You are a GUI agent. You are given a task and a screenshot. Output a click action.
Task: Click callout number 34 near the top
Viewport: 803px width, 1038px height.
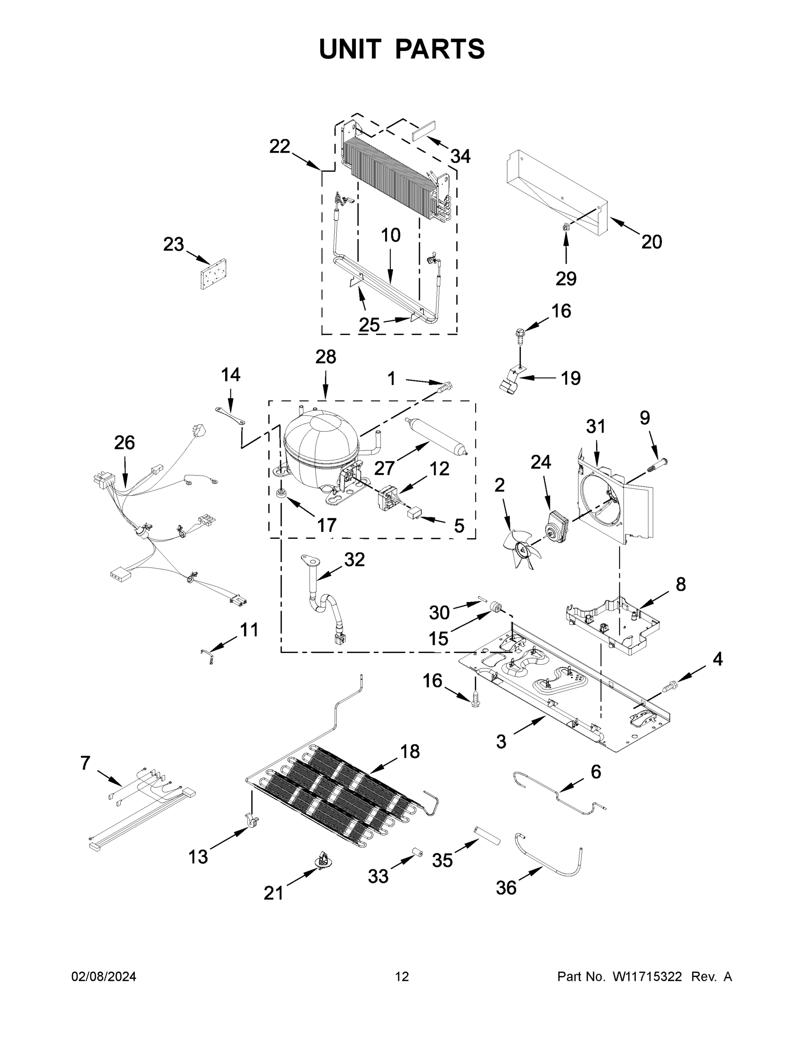click(x=461, y=156)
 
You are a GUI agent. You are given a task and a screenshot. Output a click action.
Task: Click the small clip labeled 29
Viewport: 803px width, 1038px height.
click(x=566, y=227)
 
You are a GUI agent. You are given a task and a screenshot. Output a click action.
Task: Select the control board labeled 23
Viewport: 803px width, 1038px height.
click(x=213, y=274)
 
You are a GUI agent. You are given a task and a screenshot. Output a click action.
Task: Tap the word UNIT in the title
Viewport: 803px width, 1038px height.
click(x=350, y=49)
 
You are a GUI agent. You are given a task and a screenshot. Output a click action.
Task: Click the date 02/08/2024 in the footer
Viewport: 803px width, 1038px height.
click(x=104, y=977)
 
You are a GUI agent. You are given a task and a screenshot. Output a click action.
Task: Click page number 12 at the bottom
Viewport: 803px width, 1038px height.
click(x=402, y=977)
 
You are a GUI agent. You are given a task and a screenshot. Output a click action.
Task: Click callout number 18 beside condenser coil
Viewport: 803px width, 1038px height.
click(x=410, y=751)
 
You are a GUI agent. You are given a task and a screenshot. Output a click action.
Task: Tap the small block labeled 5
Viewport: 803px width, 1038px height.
click(x=413, y=513)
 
